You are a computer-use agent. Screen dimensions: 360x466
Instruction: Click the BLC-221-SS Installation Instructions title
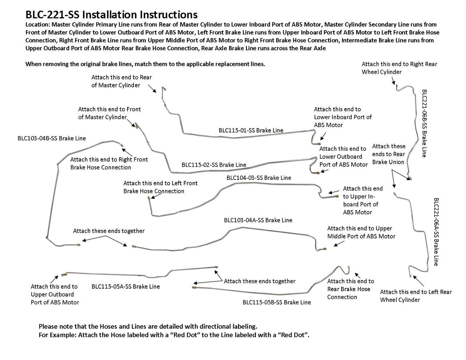pyautogui.click(x=111, y=15)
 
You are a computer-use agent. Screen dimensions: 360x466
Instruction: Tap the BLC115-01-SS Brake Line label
pyautogui.click(x=251, y=130)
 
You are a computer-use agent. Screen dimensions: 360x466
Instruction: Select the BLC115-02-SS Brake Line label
pyautogui.click(x=214, y=165)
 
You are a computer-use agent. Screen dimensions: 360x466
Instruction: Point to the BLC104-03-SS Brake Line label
pyautogui.click(x=258, y=178)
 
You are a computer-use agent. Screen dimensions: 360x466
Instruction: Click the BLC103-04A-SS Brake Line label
pyautogui.click(x=258, y=220)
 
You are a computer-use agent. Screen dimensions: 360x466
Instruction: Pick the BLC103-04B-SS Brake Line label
pyautogui.click(x=52, y=138)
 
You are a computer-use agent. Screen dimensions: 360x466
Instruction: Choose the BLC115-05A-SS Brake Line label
pyautogui.click(x=126, y=286)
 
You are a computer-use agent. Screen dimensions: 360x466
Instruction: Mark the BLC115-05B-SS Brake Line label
pyautogui.click(x=277, y=302)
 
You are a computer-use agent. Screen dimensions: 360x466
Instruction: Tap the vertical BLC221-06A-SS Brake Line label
pyautogui.click(x=436, y=232)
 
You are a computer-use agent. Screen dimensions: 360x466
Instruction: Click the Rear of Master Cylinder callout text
pyautogui.click(x=121, y=81)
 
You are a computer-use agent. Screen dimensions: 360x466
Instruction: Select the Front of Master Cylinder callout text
pyautogui.click(x=109, y=113)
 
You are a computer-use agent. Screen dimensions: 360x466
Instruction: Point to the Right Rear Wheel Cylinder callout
pyautogui.click(x=399, y=68)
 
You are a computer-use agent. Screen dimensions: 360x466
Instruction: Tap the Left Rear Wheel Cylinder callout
pyautogui.click(x=416, y=296)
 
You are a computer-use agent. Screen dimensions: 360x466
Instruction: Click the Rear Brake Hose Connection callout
pyautogui.click(x=350, y=289)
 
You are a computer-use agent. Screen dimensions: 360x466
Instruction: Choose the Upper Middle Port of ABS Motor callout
pyautogui.click(x=361, y=232)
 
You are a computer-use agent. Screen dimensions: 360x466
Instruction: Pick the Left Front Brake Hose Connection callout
pyautogui.click(x=160, y=187)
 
